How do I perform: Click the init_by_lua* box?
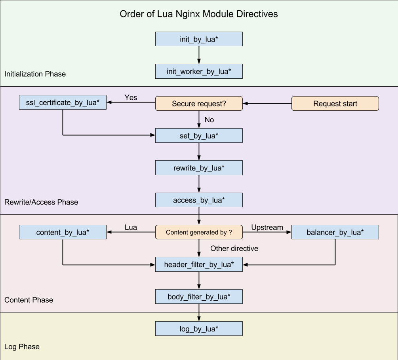tap(198, 39)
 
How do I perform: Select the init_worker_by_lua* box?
tap(198, 72)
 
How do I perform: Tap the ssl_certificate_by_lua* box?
tap(63, 103)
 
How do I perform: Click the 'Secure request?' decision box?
tap(198, 104)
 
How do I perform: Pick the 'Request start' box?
tap(335, 104)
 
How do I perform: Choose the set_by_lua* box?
tap(198, 136)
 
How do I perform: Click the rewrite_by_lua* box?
tap(198, 168)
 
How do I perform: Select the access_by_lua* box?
tap(198, 200)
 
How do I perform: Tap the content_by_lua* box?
tap(63, 232)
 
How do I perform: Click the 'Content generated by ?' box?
tap(198, 232)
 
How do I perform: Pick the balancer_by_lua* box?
tap(335, 232)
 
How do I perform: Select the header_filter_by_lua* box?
tap(198, 264)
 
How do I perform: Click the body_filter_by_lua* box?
tap(198, 296)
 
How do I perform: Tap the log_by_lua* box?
tap(198, 329)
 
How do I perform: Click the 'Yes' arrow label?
tap(131, 97)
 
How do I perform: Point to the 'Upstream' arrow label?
tap(267, 227)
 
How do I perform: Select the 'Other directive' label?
tap(234, 248)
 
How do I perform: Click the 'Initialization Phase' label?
tap(35, 74)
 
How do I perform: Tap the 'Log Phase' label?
tap(22, 347)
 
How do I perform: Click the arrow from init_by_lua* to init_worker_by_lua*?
tap(198, 55)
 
